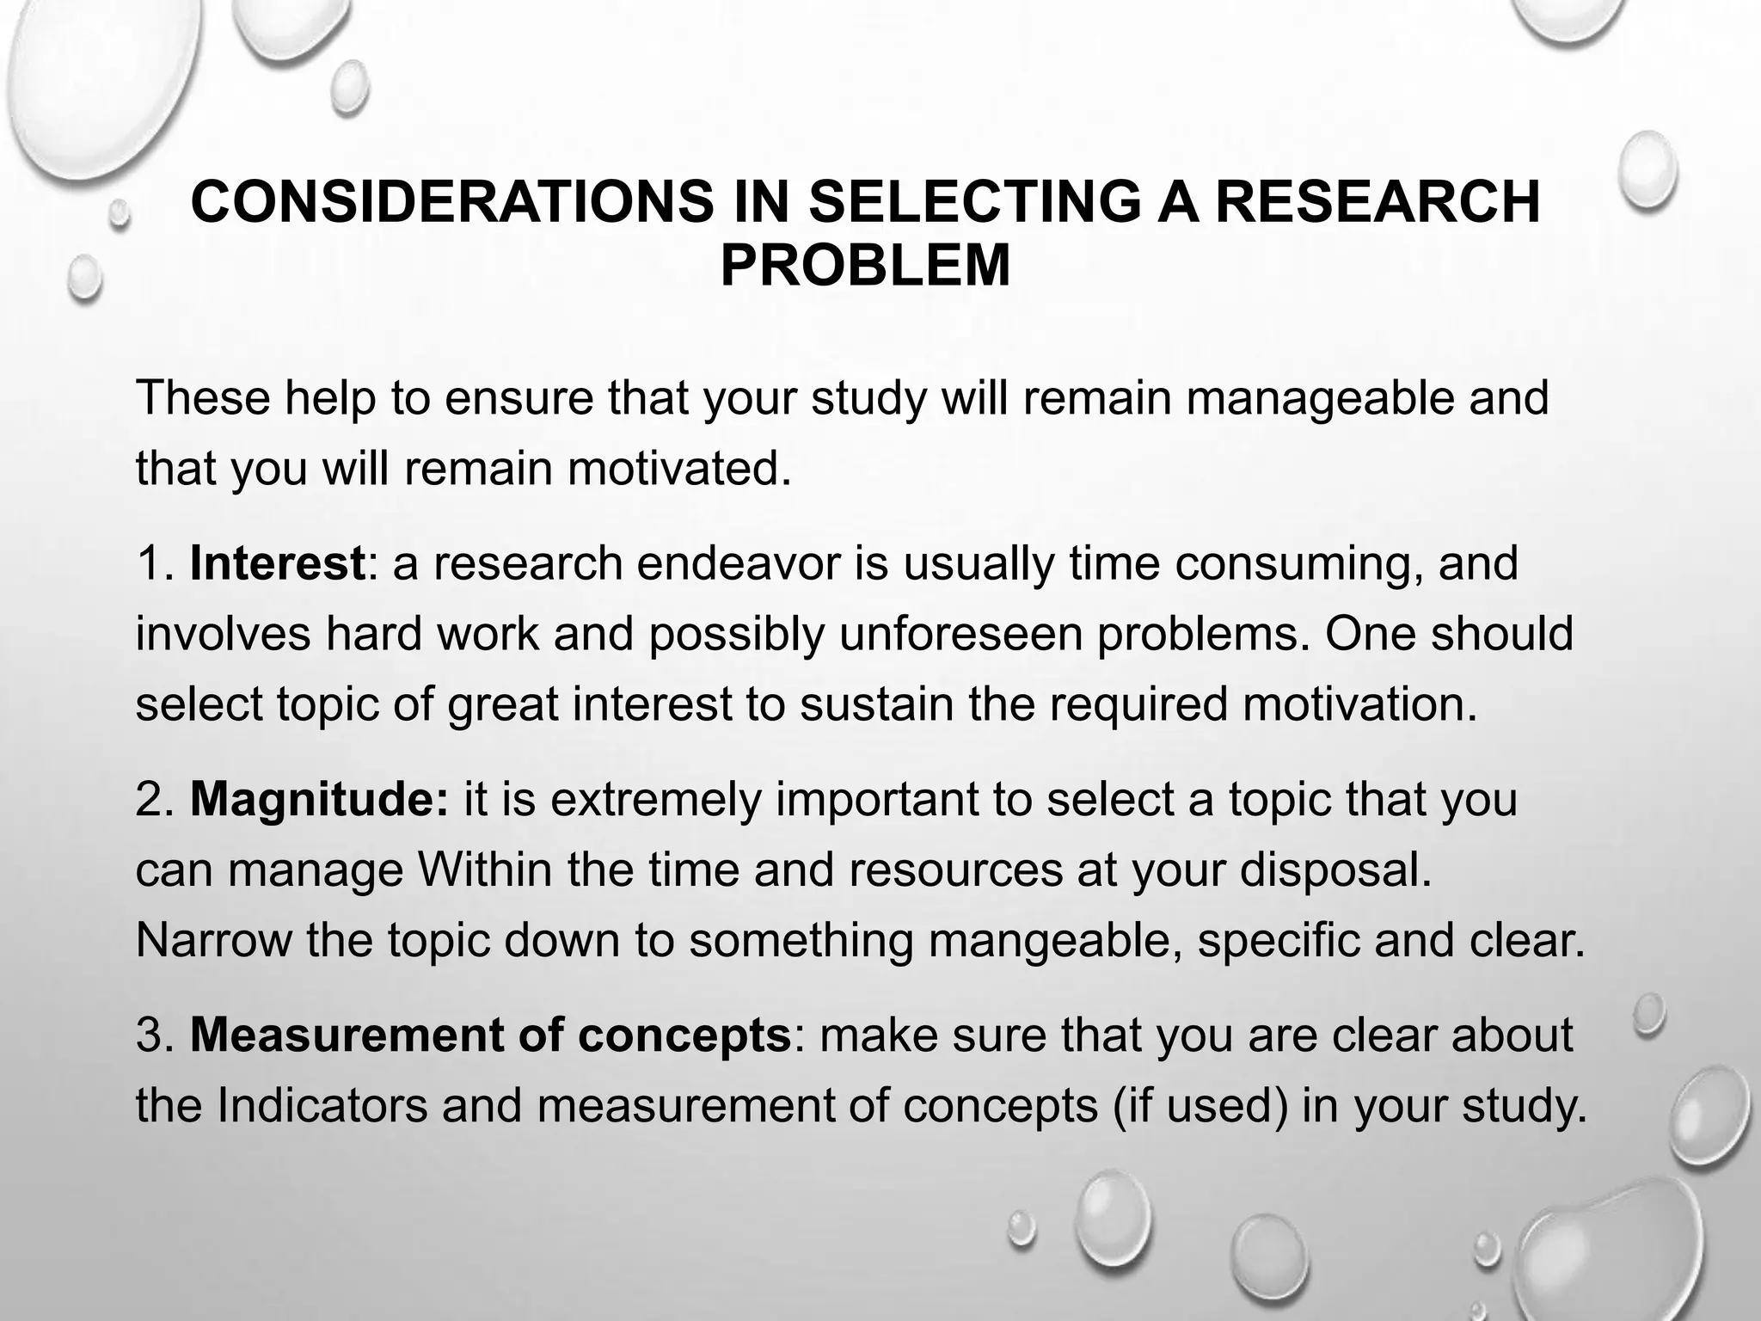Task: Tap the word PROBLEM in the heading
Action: click(x=865, y=265)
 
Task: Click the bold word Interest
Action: click(x=277, y=563)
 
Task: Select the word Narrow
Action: click(x=213, y=940)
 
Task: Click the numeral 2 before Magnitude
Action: click(x=150, y=799)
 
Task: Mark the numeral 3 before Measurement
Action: click(x=150, y=1035)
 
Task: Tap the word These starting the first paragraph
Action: click(x=203, y=398)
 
